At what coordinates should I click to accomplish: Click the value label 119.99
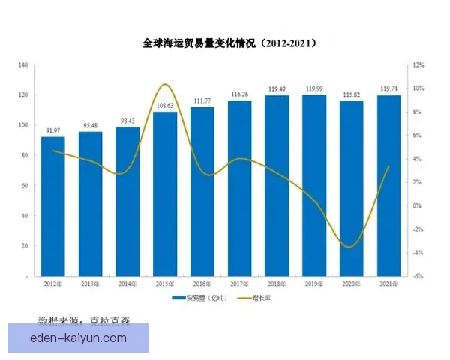click(314, 89)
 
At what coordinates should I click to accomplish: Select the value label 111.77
click(202, 101)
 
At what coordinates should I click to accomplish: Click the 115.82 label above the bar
click(351, 95)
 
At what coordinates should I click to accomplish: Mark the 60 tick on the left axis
click(24, 186)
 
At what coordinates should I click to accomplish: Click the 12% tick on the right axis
click(418, 65)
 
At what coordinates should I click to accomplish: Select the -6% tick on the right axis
click(418, 276)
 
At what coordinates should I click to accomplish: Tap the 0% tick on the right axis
click(418, 205)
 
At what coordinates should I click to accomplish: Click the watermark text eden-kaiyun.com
click(78, 339)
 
